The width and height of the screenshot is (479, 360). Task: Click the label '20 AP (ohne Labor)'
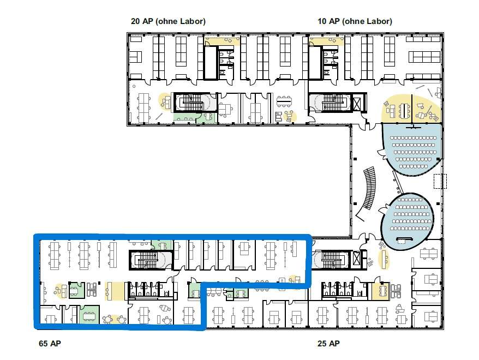(168, 21)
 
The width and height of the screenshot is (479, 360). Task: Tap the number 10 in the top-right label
(322, 21)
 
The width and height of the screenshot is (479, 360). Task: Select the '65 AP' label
(50, 343)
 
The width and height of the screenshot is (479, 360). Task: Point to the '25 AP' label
(328, 343)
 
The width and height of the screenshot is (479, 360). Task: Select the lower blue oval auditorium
(406, 219)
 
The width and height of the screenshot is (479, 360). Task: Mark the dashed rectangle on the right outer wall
(440, 181)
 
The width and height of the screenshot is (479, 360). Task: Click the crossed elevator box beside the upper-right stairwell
(356, 103)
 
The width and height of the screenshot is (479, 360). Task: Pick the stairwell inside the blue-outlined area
(150, 260)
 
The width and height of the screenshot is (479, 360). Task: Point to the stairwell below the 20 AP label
(195, 103)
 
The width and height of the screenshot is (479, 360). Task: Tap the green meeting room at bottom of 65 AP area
(89, 315)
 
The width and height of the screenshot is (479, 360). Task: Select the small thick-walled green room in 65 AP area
(76, 290)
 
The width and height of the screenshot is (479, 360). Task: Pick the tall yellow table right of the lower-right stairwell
(384, 259)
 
